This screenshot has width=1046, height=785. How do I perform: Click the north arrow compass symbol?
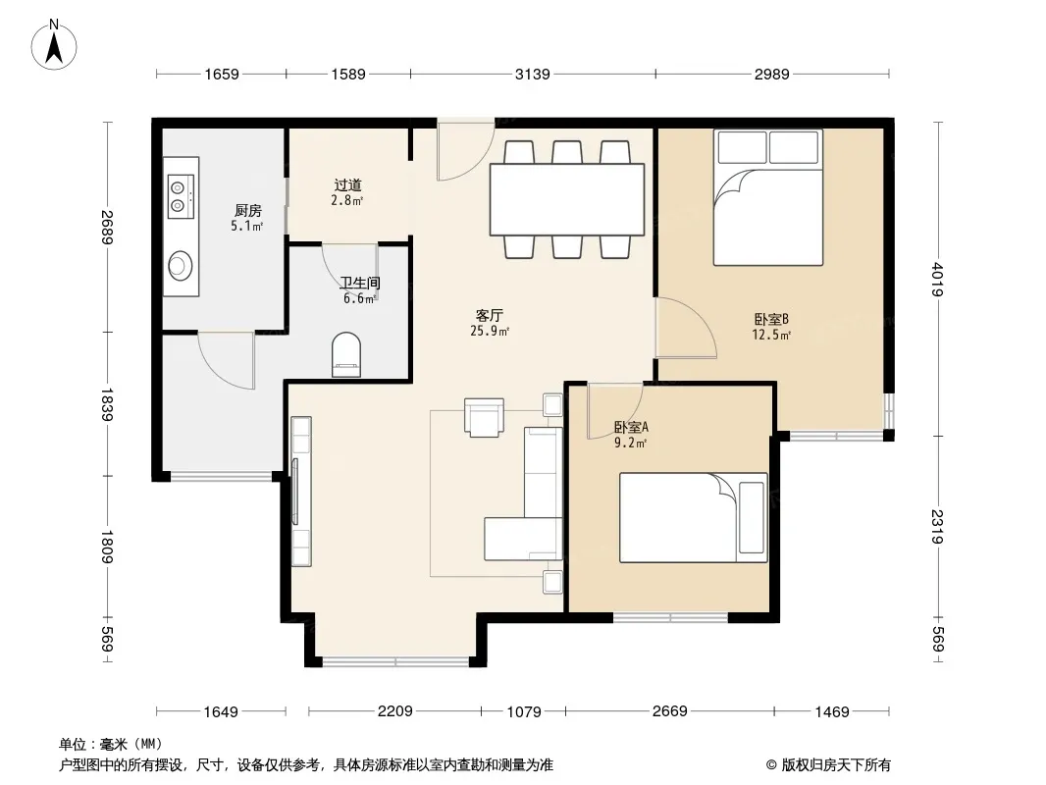54,45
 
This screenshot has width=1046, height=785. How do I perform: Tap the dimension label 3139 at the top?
533,74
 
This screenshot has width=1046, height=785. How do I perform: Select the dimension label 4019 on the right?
938,279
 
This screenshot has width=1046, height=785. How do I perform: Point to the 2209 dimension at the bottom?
394,711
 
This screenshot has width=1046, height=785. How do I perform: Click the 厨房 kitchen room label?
247,211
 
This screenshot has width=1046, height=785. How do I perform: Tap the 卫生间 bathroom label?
359,283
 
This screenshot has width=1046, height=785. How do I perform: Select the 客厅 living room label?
489,315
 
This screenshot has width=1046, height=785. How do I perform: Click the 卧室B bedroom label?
771,320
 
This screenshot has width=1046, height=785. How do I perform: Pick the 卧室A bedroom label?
631,427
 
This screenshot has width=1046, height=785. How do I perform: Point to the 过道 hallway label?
347,184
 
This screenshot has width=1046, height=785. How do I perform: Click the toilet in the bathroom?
346,354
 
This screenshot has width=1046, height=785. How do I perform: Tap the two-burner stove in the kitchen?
181,196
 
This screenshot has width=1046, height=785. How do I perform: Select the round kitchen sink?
181,265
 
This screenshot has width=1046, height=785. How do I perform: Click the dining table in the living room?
567,199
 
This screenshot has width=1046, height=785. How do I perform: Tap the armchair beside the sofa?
484,417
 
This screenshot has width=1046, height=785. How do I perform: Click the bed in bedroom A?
694,517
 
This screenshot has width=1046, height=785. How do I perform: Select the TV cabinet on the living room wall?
301,492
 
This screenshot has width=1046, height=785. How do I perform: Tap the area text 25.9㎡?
490,331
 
